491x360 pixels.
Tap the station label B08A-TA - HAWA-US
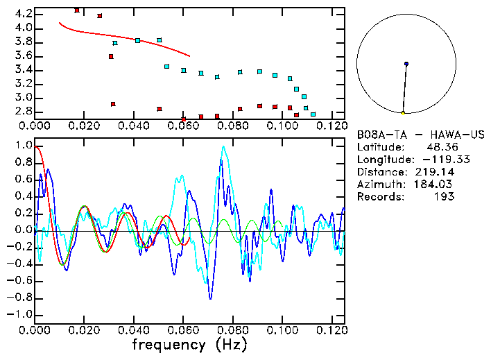click(421, 134)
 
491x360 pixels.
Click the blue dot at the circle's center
click(406, 64)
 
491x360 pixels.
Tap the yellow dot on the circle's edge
click(403, 113)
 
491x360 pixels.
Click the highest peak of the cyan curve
click(223, 146)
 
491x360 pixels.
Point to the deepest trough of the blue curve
click(210, 298)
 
